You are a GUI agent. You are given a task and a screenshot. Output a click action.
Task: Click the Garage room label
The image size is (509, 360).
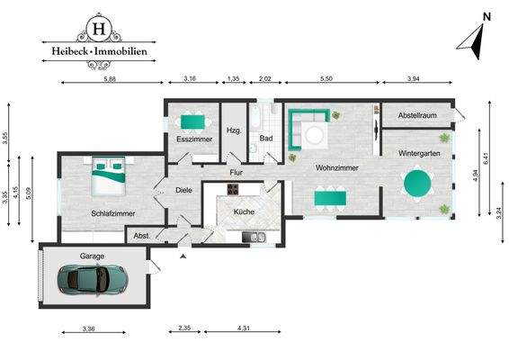pos(93,256)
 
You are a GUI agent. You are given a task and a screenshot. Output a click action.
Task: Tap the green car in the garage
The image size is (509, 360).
pos(93,281)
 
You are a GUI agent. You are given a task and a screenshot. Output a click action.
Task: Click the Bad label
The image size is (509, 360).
pos(266,139)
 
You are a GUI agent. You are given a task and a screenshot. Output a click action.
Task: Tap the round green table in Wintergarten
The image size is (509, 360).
pos(418,184)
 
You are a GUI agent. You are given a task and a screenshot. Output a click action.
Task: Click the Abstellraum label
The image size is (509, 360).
pos(417,116)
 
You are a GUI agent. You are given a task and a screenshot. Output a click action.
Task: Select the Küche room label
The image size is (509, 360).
pos(244,211)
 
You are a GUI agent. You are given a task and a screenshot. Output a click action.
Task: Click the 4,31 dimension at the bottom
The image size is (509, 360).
pos(243,328)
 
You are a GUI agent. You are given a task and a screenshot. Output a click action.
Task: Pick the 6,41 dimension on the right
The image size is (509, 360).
pos(485,160)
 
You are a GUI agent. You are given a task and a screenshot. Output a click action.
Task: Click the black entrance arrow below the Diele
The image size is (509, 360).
pos(183,256)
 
